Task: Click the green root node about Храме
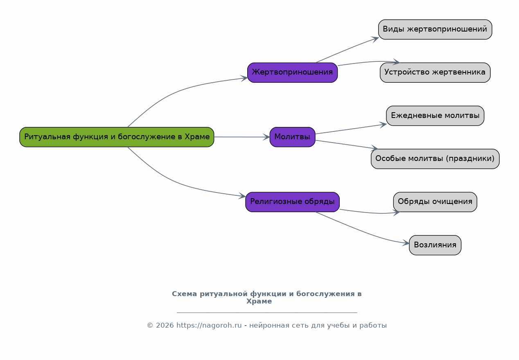117,137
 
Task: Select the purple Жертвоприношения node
292,72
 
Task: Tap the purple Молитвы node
292,137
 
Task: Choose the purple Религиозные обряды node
292,202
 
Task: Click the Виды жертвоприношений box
435,29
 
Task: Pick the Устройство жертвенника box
435,72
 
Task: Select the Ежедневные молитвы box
435,115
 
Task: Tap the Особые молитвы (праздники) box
435,159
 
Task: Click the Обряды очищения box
435,202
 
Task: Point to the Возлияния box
435,245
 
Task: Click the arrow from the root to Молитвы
242,137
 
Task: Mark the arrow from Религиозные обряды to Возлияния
361,231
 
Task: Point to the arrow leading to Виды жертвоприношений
348,49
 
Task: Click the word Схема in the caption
185,294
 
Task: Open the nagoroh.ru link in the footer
209,326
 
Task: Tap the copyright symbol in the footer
150,326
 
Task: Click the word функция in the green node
90,137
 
